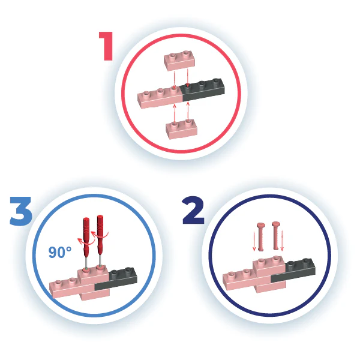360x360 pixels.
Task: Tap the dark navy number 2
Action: click(193, 211)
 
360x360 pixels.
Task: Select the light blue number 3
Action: click(20, 211)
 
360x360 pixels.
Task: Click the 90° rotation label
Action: click(60, 252)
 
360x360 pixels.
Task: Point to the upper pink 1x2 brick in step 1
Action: click(179, 61)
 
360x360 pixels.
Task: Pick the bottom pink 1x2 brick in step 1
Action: click(181, 129)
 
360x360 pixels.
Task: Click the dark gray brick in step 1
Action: click(203, 90)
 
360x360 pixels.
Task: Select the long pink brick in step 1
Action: click(160, 99)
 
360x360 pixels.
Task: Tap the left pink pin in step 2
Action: click(261, 236)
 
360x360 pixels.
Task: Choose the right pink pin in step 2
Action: click(276, 236)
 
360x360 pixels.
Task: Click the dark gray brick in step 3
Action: click(116, 278)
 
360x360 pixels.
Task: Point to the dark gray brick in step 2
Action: click(293, 270)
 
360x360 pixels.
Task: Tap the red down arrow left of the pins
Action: click(254, 241)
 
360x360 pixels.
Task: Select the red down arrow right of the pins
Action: click(282, 241)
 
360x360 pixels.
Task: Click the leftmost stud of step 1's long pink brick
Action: click(146, 94)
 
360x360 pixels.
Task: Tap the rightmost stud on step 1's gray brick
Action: click(215, 81)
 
